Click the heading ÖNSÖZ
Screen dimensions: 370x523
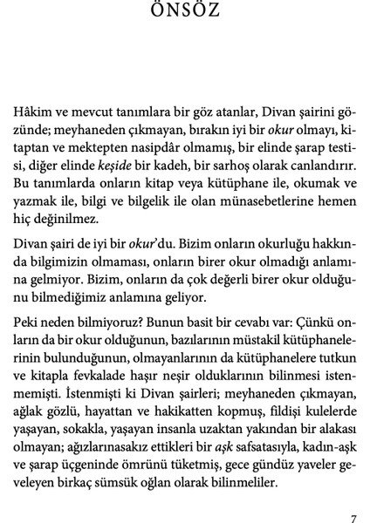pos(185,10)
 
